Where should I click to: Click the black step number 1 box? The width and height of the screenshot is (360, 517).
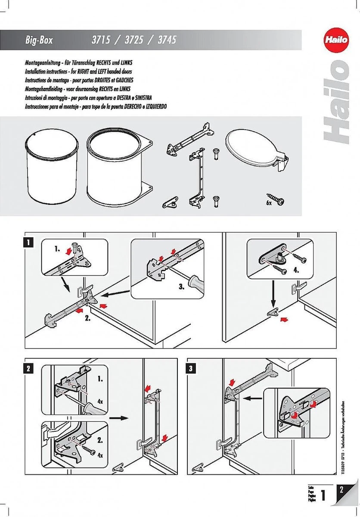[x=28, y=242]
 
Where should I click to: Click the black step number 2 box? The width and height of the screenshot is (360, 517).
[x=28, y=368]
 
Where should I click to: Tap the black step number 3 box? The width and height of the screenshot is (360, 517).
[x=192, y=368]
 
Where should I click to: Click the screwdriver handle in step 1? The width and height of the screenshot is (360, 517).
[x=199, y=285]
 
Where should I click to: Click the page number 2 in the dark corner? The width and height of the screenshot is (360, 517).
[x=341, y=490]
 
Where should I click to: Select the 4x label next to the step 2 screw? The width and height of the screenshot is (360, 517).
[x=100, y=455]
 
